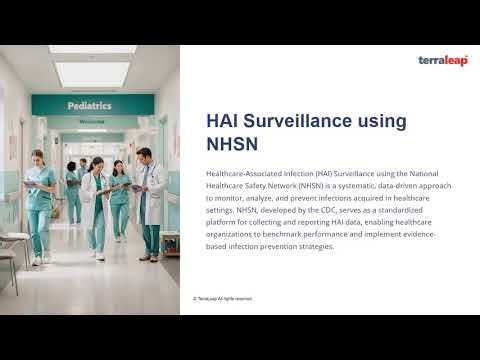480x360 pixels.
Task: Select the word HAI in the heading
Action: [x=224, y=121]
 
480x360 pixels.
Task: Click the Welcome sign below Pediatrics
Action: [x=92, y=122]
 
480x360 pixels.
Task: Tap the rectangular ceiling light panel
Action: [x=91, y=73]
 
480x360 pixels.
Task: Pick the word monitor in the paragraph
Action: [x=228, y=199]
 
